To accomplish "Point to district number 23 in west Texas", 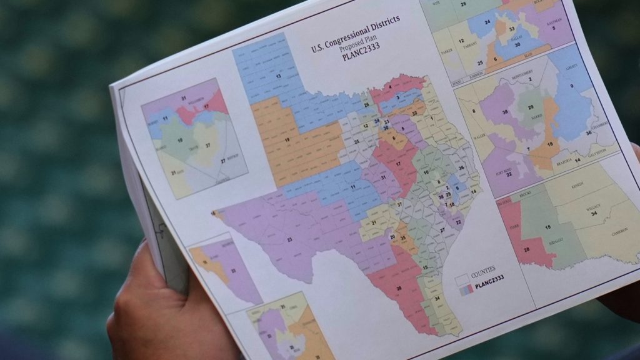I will [289, 239].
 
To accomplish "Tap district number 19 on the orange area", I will [287, 141].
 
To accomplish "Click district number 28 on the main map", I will [399, 288].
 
